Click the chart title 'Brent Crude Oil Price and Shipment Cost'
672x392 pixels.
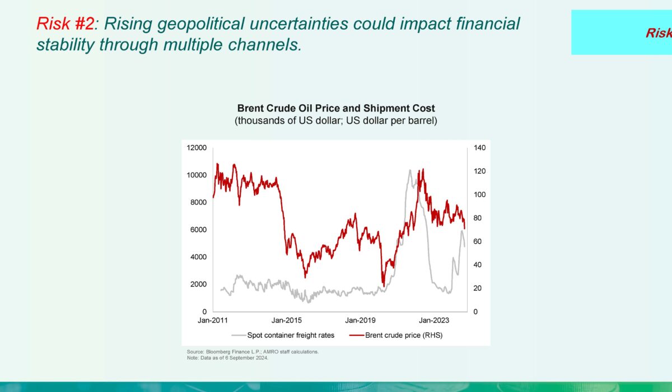tap(336, 108)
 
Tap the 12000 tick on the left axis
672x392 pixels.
tap(196, 148)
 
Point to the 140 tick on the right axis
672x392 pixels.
tap(480, 148)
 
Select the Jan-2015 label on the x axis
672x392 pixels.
tap(286, 320)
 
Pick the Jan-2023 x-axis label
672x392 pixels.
tap(431, 320)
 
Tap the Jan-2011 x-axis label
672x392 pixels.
tap(213, 320)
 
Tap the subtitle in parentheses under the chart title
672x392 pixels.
tap(336, 120)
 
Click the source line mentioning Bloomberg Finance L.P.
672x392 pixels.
tap(253, 352)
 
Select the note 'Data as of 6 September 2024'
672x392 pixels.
tap(228, 358)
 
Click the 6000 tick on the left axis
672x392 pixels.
tap(198, 230)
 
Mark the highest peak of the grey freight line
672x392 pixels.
tap(410, 170)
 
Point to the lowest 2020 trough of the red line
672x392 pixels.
tap(383, 285)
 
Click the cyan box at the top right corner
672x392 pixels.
tap(622, 32)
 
